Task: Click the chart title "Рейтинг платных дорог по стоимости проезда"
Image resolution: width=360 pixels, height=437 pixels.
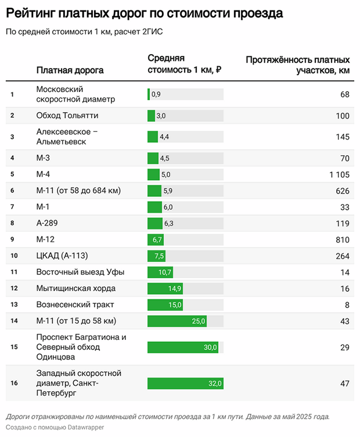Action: [x=145, y=12]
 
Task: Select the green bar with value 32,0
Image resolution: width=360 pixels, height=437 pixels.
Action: [x=185, y=383]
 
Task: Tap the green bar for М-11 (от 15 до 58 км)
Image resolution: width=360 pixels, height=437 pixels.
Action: [x=177, y=321]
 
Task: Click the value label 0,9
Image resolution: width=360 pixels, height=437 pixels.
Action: [x=156, y=94]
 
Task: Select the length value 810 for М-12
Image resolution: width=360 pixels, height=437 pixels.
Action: [x=342, y=239]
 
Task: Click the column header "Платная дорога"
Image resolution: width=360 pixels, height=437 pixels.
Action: [x=70, y=70]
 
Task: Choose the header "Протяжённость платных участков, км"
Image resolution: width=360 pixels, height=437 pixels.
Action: [x=297, y=65]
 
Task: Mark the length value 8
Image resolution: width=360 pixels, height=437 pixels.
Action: [x=347, y=305]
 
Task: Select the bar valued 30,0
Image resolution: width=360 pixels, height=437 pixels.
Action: [x=183, y=347]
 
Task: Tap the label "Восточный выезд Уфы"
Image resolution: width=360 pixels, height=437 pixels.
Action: [x=80, y=272]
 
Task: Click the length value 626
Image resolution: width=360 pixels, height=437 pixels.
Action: [x=342, y=191]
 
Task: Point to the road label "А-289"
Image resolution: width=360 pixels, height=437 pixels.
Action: [x=47, y=223]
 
